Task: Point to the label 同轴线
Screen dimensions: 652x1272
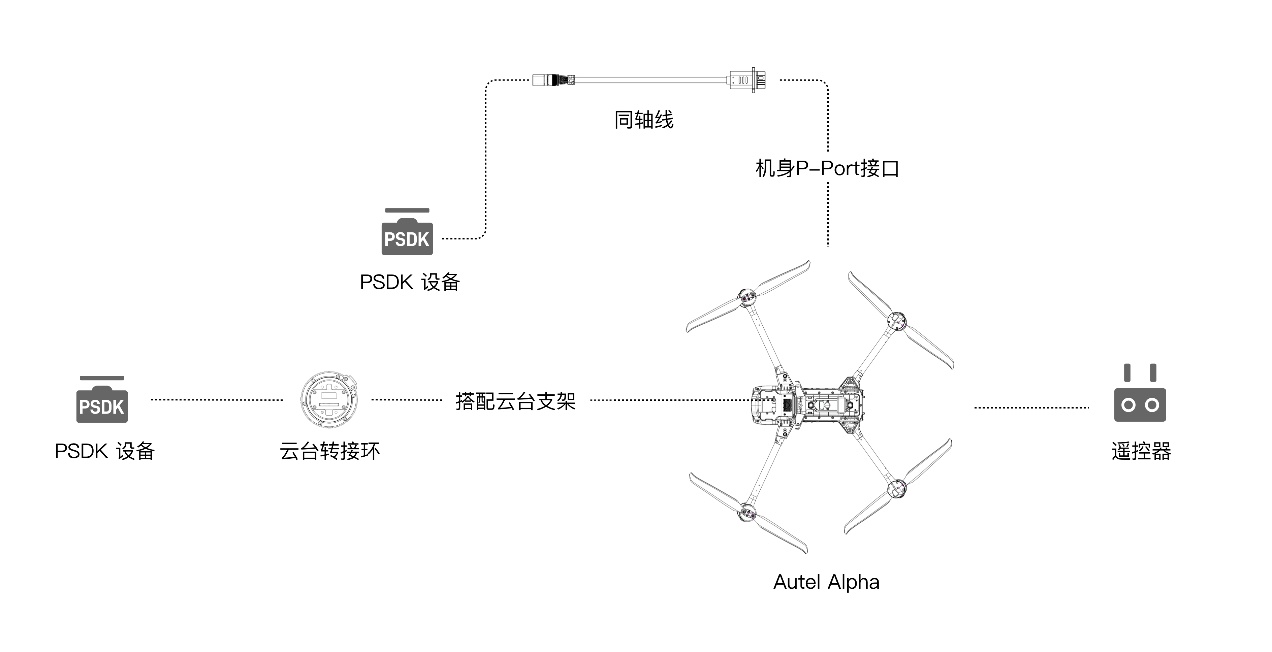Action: click(643, 120)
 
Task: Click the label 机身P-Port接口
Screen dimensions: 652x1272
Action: click(827, 168)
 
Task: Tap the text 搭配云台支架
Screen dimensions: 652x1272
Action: click(515, 401)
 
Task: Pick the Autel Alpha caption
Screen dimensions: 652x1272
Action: click(826, 582)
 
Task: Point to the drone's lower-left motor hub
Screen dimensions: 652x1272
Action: click(748, 513)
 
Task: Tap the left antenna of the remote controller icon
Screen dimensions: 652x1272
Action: click(1127, 372)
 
